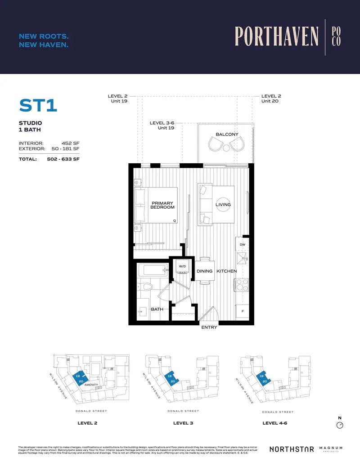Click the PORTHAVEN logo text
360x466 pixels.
click(x=276, y=37)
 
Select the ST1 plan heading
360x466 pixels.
click(x=39, y=106)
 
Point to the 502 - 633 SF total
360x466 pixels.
click(x=63, y=159)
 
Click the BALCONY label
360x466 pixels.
click(x=227, y=134)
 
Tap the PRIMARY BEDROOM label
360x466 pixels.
click(x=162, y=205)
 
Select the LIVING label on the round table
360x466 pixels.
click(x=223, y=205)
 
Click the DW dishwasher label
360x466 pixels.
click(x=242, y=245)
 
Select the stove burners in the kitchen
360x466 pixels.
click(x=242, y=285)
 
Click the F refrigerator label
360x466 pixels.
click(x=243, y=311)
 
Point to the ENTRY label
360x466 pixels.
click(x=209, y=327)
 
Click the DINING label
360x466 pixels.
click(x=204, y=271)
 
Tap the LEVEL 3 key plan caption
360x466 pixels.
click(x=183, y=423)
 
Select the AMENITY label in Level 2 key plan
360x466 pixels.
click(x=91, y=385)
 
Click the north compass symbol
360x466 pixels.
click(x=340, y=425)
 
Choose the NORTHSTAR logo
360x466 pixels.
click(x=291, y=449)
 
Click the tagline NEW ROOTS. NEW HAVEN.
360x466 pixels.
click(x=44, y=40)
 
